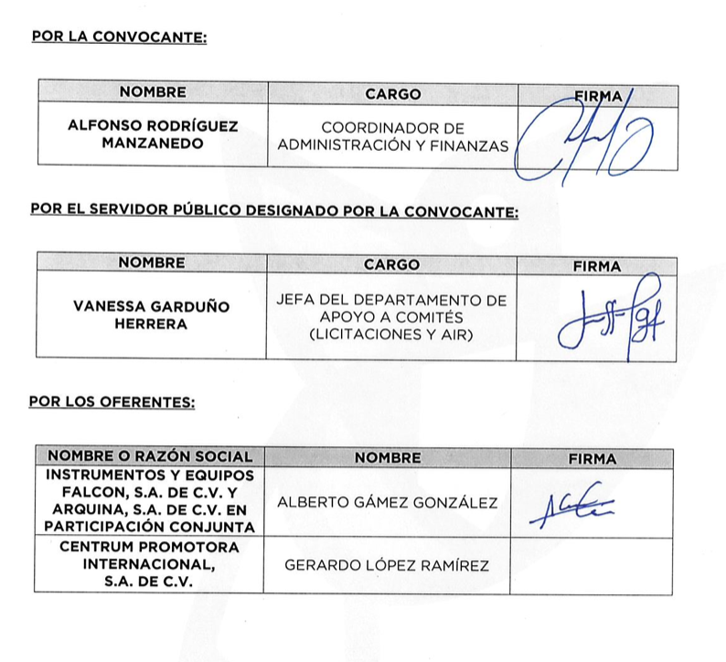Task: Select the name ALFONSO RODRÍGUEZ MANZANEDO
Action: (153, 134)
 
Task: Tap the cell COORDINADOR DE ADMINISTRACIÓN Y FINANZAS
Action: (393, 135)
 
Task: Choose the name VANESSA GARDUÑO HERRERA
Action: (152, 315)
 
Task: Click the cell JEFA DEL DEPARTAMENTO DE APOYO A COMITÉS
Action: (391, 316)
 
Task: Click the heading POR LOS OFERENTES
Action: (112, 400)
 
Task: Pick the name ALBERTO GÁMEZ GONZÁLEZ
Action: (387, 503)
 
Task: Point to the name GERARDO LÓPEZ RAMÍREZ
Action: (387, 566)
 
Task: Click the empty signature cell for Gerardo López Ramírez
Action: (593, 566)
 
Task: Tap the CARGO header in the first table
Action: (393, 93)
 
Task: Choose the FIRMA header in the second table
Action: (596, 266)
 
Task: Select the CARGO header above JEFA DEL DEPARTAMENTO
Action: (391, 265)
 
